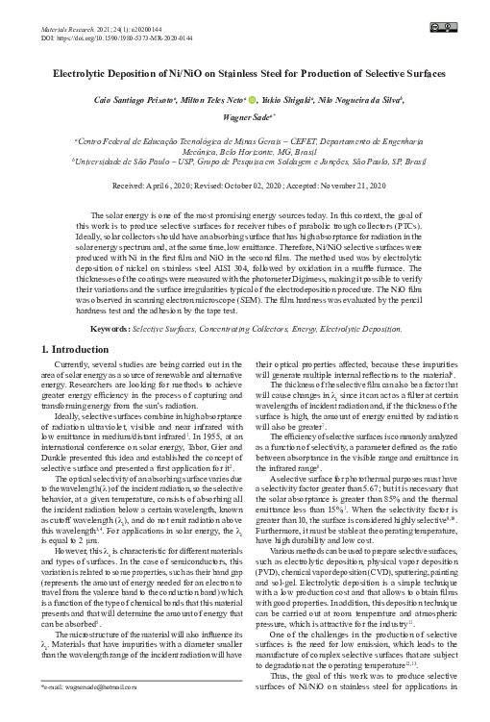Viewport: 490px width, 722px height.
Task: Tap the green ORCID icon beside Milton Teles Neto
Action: (x=253, y=98)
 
